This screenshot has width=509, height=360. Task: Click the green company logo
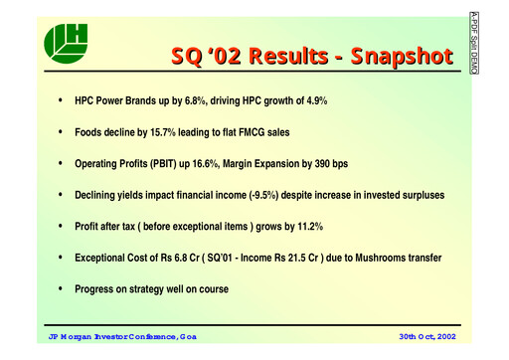pyautogui.click(x=66, y=42)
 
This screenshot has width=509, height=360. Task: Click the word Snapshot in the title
pyautogui.click(x=383, y=57)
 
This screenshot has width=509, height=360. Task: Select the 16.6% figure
pyautogui.click(x=208, y=164)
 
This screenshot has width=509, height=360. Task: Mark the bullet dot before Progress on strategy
pyautogui.click(x=62, y=289)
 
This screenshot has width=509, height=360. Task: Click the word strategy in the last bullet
pyautogui.click(x=147, y=289)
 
